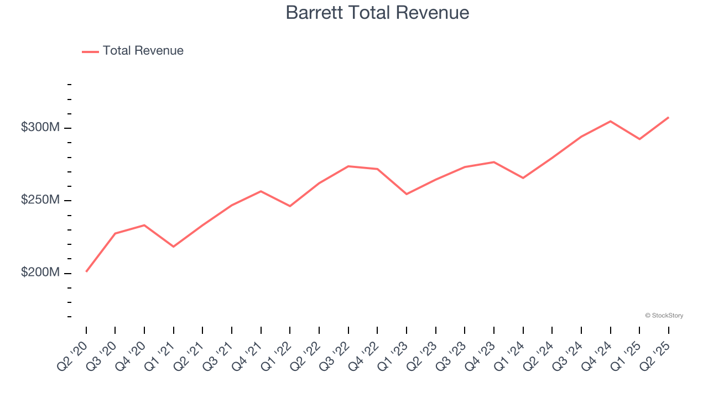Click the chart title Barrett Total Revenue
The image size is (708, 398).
(377, 13)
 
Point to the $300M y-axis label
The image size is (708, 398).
(40, 128)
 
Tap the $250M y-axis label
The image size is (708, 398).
(40, 200)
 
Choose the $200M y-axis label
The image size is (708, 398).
(40, 273)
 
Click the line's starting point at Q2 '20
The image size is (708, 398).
(86, 271)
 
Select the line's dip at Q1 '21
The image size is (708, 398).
(174, 247)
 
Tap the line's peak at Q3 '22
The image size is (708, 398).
(348, 166)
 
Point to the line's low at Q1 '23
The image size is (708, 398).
(407, 194)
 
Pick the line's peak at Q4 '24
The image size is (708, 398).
(611, 121)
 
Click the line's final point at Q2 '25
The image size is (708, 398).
(669, 117)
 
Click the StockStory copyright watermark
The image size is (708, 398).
(664, 316)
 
